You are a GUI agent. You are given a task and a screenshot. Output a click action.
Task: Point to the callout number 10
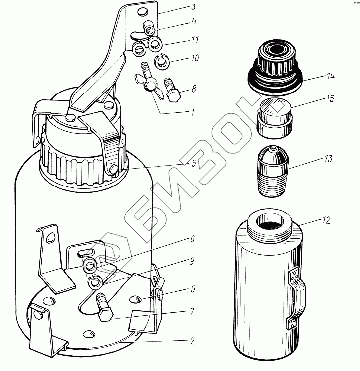click(x=195, y=58)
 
